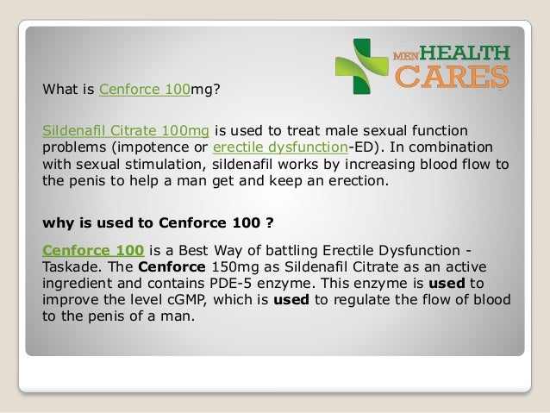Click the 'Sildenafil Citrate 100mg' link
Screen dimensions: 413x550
coord(126,130)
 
